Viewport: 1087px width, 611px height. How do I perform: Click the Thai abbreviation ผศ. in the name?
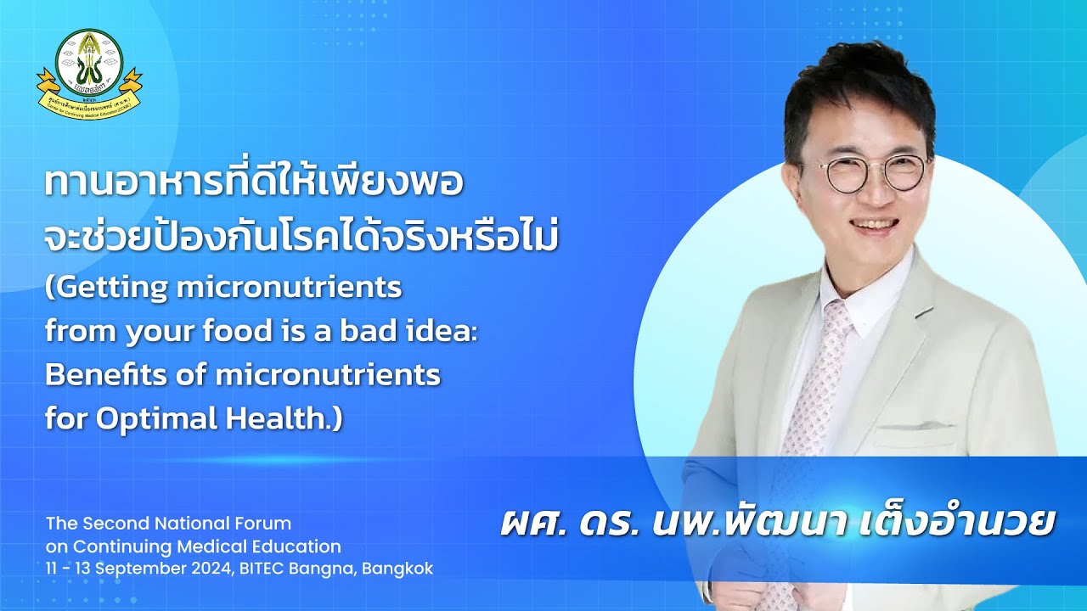coord(532,521)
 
